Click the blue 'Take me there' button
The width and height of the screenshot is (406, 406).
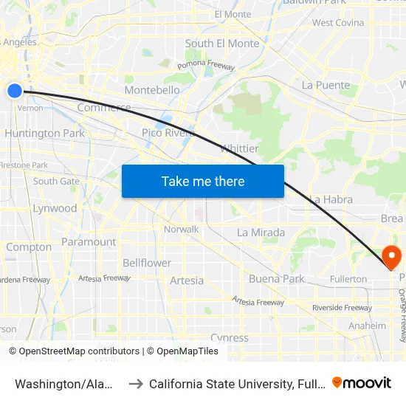point(203,181)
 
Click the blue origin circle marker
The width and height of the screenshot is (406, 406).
point(15,91)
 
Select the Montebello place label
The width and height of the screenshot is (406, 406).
point(153,90)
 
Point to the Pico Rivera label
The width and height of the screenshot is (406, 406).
point(168,133)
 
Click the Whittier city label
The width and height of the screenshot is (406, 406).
point(239,148)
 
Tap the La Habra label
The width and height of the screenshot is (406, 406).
point(331,199)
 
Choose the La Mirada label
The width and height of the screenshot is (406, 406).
point(261,233)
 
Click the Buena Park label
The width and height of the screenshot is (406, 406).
point(276,278)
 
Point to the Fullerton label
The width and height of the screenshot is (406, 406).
point(349,279)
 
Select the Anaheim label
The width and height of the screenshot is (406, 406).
point(367,326)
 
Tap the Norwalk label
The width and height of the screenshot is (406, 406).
point(182,230)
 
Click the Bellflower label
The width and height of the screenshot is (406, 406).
point(147,263)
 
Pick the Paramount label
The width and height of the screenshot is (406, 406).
point(89,242)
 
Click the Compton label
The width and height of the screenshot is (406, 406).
point(29,247)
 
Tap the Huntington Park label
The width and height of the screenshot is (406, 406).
point(44,134)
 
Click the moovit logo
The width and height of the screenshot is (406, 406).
point(362,383)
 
